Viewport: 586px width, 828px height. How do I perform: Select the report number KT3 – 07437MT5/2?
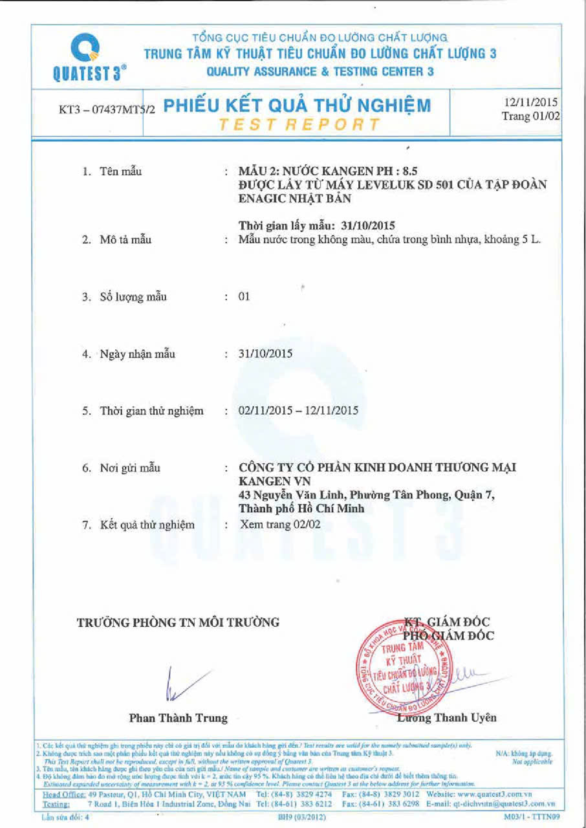(107, 109)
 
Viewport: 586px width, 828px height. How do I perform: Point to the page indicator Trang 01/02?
(530, 116)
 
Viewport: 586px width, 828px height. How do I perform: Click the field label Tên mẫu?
(121, 171)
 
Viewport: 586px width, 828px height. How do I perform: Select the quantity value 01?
(244, 297)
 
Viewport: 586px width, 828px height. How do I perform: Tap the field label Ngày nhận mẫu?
(137, 354)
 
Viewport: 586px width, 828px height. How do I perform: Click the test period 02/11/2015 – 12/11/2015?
(298, 410)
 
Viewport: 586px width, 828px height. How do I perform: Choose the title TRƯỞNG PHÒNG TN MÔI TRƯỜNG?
(179, 622)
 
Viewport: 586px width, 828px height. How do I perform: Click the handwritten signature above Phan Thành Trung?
(184, 683)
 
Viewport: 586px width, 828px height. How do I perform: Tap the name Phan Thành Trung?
(179, 718)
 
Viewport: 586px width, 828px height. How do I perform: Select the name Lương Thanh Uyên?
(446, 717)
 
